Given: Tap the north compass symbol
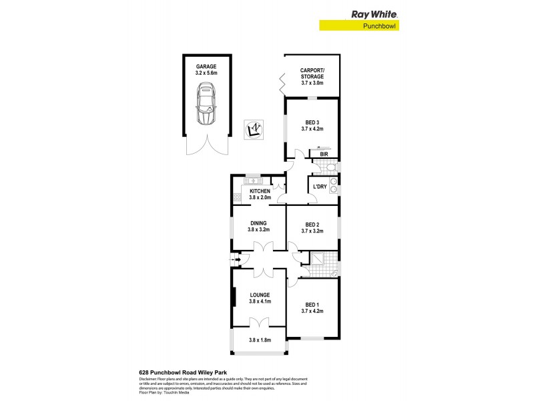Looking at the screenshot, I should click(x=254, y=129).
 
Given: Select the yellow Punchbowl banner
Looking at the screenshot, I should click(x=362, y=26).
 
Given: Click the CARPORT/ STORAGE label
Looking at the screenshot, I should click(x=312, y=79).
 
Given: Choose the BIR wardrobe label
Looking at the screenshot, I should click(x=324, y=154).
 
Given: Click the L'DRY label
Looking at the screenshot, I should click(x=318, y=188).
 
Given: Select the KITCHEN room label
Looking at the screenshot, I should click(x=260, y=194).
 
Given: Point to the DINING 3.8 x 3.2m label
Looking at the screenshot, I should click(x=258, y=227).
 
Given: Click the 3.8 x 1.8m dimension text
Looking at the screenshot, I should click(x=260, y=340).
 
